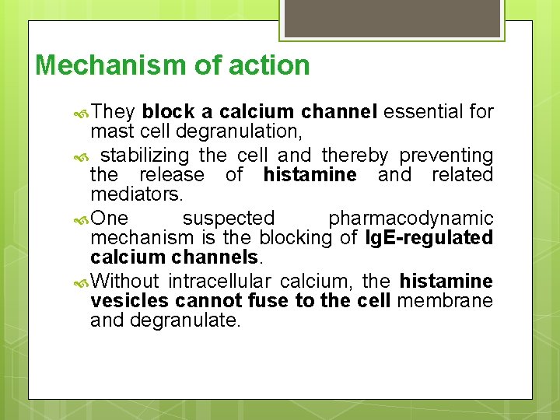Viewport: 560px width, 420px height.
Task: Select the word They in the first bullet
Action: tap(113, 112)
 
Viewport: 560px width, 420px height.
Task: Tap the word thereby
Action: tap(358, 156)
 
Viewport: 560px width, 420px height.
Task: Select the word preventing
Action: tap(450, 156)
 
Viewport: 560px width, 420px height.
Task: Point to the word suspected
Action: tap(229, 219)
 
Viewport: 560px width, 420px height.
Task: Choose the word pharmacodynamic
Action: tap(411, 219)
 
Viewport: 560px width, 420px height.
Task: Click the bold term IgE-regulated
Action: tap(429, 237)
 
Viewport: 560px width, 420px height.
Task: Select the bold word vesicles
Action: tap(129, 300)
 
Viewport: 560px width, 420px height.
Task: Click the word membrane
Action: tap(445, 300)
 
